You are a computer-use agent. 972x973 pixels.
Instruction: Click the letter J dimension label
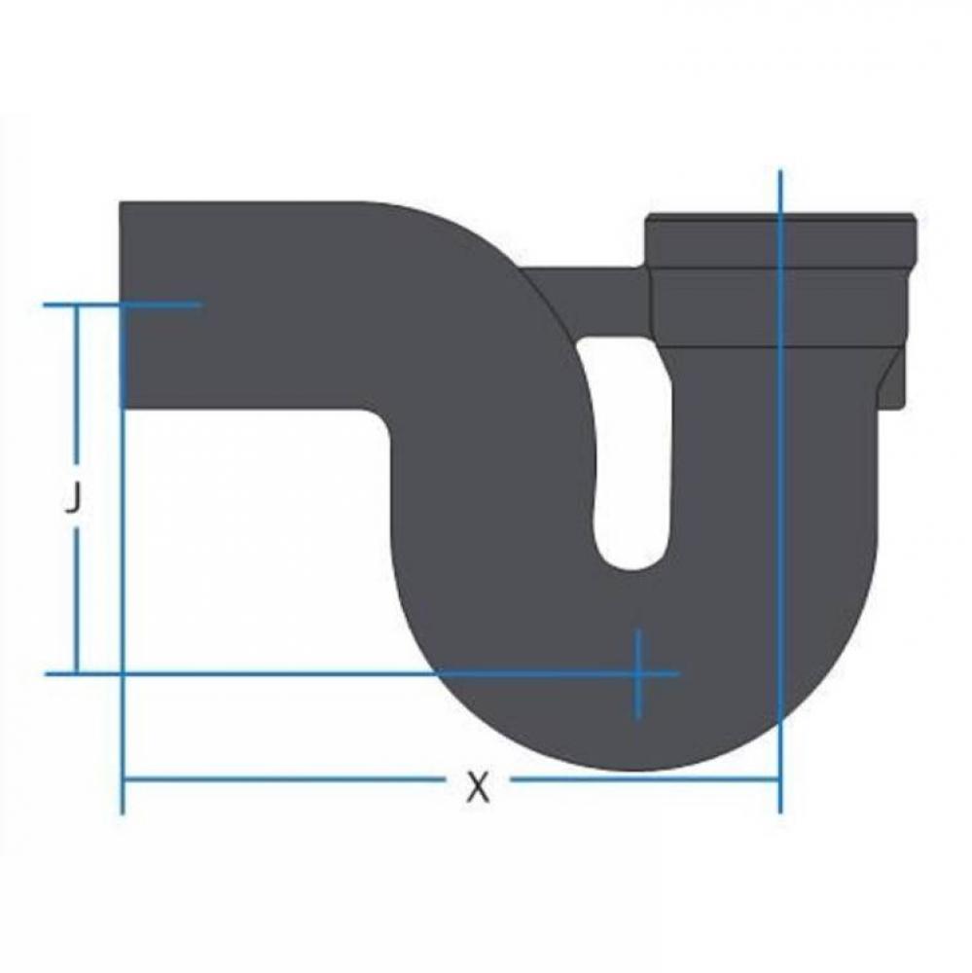(71, 500)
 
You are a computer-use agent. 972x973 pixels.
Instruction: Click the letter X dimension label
(476, 786)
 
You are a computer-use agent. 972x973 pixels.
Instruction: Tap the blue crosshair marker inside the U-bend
(637, 673)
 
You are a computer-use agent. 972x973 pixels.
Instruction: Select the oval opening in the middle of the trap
(630, 452)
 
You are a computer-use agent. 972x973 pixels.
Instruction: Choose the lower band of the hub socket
(778, 306)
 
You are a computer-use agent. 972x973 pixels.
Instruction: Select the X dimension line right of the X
(642, 778)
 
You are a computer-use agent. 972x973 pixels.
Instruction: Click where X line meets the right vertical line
(779, 778)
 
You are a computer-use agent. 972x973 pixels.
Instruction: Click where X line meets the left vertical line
(123, 778)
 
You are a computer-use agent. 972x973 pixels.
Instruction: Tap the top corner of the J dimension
(77, 305)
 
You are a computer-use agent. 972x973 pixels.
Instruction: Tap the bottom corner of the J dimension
(77, 673)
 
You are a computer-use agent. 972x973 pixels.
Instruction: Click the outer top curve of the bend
(457, 234)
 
